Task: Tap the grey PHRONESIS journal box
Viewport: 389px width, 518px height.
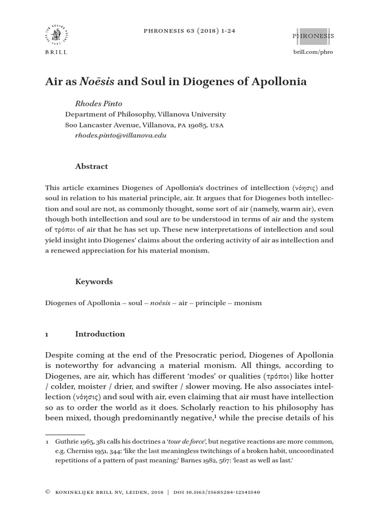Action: (313, 36)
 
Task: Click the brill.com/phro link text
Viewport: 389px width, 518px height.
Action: (313, 52)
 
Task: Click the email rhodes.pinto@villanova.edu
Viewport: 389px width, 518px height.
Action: (121, 135)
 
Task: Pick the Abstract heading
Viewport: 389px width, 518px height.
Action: (91, 166)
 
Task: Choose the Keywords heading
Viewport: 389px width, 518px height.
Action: (94, 281)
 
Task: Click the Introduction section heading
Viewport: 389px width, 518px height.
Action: (100, 334)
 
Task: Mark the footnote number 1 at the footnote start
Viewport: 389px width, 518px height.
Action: (47, 441)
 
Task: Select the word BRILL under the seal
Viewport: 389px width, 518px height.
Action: (56, 53)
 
